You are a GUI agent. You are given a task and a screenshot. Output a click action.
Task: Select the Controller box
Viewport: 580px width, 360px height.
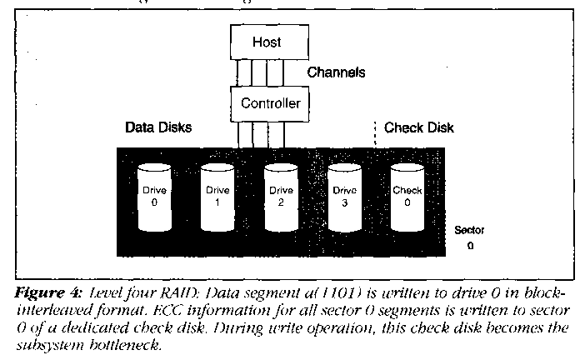270,103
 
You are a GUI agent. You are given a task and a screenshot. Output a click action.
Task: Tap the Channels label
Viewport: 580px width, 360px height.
337,72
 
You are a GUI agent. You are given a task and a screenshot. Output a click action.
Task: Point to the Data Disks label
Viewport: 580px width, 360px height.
158,128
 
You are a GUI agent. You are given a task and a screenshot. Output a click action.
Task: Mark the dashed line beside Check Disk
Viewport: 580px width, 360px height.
376,133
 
